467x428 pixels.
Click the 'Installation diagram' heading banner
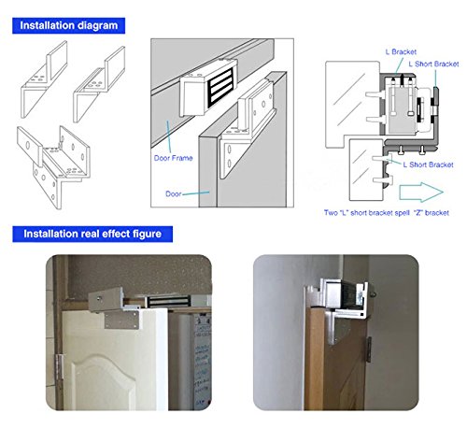point(68,25)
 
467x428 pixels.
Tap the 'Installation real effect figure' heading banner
point(92,234)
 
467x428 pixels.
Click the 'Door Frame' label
point(173,158)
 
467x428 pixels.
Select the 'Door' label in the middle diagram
point(173,193)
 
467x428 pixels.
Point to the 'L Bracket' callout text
point(401,51)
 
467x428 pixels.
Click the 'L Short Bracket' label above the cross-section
point(433,64)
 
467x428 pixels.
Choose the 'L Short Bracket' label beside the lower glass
point(428,164)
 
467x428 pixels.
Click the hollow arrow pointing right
point(421,192)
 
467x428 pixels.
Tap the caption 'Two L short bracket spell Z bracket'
point(387,213)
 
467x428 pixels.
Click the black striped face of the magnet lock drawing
point(220,86)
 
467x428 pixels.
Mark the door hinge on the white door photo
point(59,367)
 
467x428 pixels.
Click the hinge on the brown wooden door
point(369,350)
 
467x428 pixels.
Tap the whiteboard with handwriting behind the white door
point(202,362)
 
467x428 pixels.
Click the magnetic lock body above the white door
point(169,301)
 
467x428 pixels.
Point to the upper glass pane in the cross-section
point(352,104)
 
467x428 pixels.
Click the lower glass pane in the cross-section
point(366,170)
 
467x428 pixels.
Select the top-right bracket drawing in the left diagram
point(99,84)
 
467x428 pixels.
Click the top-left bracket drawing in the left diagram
point(44,79)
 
